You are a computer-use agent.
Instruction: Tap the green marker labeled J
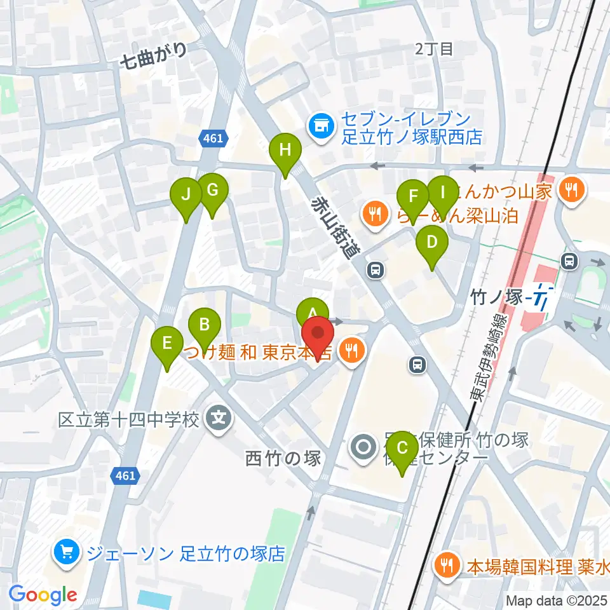186,194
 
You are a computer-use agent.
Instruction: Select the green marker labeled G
212,191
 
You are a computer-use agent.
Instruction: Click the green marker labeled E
167,345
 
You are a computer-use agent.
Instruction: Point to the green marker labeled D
432,244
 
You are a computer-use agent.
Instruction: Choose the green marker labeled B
204,326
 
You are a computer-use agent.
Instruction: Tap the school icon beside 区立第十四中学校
219,418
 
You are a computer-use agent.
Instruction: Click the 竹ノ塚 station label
496,296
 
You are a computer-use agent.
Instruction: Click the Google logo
43,595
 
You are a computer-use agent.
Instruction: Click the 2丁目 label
434,49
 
